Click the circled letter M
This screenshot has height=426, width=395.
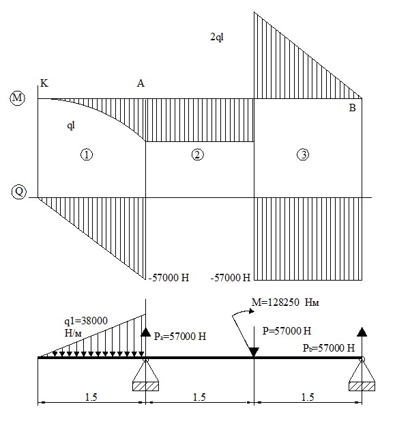pyautogui.click(x=17, y=98)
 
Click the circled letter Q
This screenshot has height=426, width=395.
pyautogui.click(x=19, y=192)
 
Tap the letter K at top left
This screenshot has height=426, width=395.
pyautogui.click(x=44, y=83)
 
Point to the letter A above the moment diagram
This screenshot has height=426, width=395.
pyautogui.click(x=141, y=83)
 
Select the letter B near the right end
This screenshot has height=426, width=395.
pyautogui.click(x=352, y=108)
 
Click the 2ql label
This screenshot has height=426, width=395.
pyautogui.click(x=217, y=37)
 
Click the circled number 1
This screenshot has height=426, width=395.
pyautogui.click(x=87, y=155)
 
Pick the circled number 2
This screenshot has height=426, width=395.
pyautogui.click(x=197, y=155)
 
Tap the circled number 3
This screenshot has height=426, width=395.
pyautogui.click(x=303, y=155)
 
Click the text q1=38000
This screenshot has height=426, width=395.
pyautogui.click(x=86, y=321)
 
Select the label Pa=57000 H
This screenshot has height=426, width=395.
pyautogui.click(x=180, y=337)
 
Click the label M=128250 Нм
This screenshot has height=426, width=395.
pyautogui.click(x=285, y=302)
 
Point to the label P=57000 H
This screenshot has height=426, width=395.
pyautogui.click(x=287, y=331)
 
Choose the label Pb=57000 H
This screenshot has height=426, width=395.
pyautogui.click(x=329, y=348)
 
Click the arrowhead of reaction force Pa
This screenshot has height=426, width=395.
pyautogui.click(x=146, y=332)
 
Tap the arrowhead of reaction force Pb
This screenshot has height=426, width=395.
pyautogui.click(x=362, y=332)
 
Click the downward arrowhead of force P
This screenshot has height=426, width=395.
pyautogui.click(x=254, y=352)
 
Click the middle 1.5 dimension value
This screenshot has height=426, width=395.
pyautogui.click(x=199, y=397)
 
